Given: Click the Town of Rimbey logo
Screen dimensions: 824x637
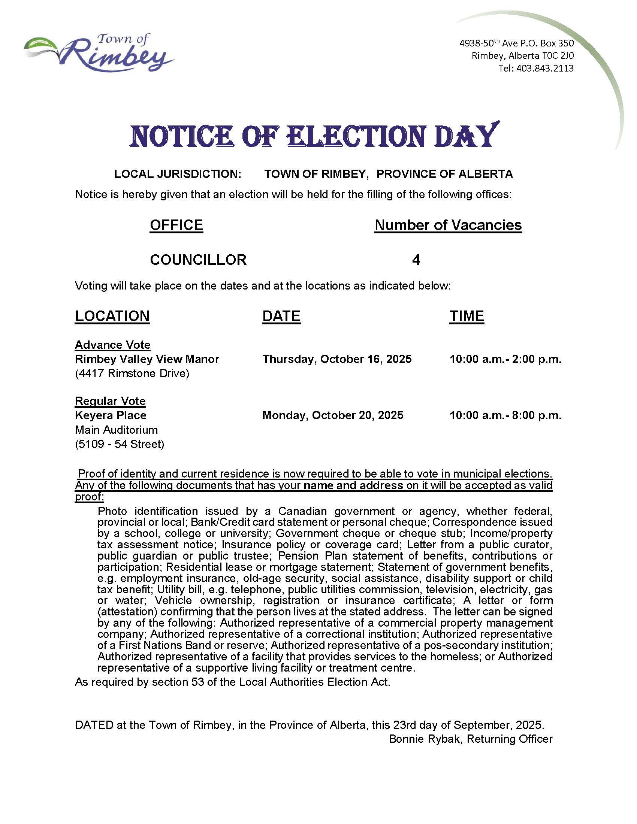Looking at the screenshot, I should pos(99,53).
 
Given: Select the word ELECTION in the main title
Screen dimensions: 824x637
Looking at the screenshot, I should pos(357,136).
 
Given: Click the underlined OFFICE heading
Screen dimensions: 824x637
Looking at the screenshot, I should pos(176,225).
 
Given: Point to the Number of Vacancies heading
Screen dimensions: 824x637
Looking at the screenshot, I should pos(448,225).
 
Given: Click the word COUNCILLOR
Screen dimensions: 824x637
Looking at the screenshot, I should pos(198,260).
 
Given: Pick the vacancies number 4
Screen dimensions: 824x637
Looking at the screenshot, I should pos(416,260).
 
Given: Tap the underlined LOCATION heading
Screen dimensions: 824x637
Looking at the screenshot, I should pos(112,316).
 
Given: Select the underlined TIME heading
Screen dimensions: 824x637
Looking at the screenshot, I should pos(467,316).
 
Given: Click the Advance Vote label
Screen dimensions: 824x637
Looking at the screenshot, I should pos(112,345).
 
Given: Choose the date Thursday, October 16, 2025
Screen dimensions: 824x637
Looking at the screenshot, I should pos(336,359).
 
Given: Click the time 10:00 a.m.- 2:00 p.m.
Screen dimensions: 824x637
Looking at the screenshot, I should pos(505,359).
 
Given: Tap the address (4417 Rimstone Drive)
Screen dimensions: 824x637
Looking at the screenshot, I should pos(132,373).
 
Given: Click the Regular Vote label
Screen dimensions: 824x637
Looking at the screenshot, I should pos(110,401).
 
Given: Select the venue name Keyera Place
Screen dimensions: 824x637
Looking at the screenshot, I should pos(111,415).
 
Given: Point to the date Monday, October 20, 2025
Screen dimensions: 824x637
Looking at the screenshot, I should pos(332,415).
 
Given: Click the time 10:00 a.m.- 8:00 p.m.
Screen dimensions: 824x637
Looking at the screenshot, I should pos(505,415).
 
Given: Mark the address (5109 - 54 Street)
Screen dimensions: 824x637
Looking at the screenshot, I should pos(120,444).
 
